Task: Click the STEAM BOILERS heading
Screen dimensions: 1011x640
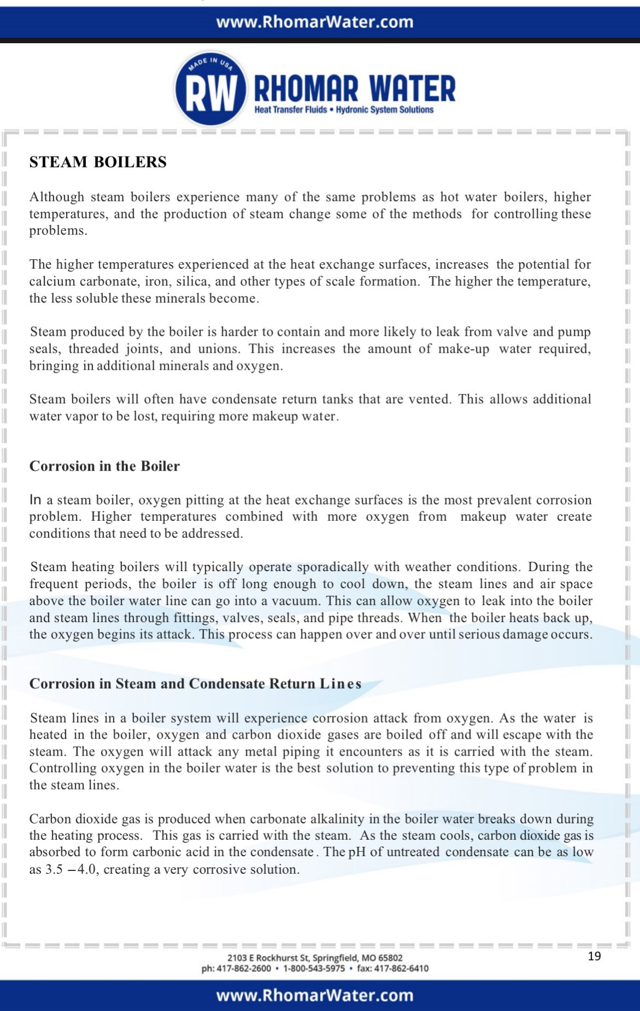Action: click(x=98, y=162)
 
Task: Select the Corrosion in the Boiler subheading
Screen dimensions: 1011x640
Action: click(x=104, y=466)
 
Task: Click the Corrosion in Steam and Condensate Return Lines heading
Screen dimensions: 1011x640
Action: click(x=195, y=684)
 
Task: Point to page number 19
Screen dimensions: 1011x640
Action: click(x=594, y=956)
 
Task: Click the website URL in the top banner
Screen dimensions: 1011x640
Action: click(x=315, y=22)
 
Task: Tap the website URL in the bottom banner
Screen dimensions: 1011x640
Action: click(x=315, y=995)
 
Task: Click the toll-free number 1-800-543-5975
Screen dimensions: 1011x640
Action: click(x=314, y=968)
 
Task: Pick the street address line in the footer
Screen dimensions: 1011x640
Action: click(x=315, y=958)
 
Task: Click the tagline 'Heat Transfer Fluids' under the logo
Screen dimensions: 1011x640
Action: click(x=290, y=110)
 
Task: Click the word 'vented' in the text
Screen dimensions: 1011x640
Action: click(x=430, y=399)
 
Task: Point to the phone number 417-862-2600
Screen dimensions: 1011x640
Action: click(x=243, y=968)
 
